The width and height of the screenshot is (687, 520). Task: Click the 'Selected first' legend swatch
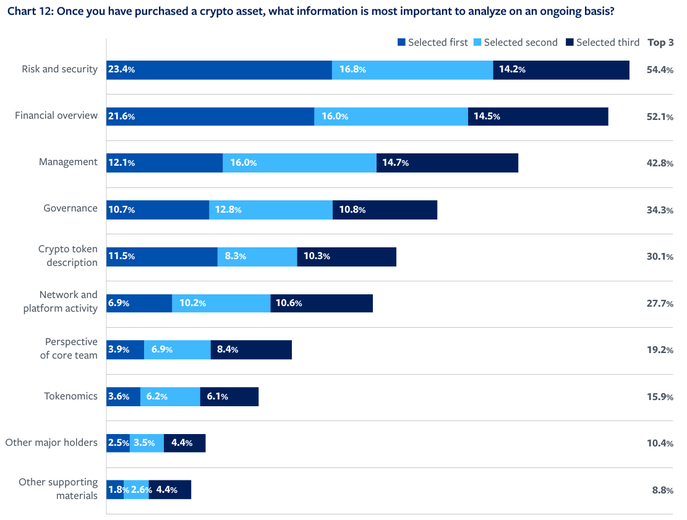tap(402, 43)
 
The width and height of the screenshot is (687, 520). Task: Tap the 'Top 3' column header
tap(660, 43)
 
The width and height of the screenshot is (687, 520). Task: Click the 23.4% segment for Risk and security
tap(219, 70)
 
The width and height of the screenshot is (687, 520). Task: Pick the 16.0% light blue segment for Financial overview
tap(391, 116)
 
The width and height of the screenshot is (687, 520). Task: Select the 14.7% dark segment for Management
tap(447, 163)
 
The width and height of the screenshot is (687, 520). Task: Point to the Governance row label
tap(70, 208)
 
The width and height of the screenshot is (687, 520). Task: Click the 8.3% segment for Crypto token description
tap(257, 257)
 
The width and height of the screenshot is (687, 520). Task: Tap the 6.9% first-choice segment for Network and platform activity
tap(139, 304)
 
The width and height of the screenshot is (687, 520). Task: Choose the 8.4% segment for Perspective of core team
tap(251, 350)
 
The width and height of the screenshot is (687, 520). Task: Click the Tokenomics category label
tap(70, 396)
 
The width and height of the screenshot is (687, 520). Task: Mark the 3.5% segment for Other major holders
tap(147, 443)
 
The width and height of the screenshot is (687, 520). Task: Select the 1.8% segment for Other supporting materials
tap(115, 490)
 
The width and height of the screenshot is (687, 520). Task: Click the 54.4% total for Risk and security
tap(660, 70)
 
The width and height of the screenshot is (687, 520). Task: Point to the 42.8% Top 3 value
tap(660, 163)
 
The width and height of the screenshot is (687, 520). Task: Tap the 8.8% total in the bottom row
tap(662, 490)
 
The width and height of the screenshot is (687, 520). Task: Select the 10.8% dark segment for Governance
tap(385, 210)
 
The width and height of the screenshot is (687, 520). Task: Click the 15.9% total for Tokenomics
tap(660, 397)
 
